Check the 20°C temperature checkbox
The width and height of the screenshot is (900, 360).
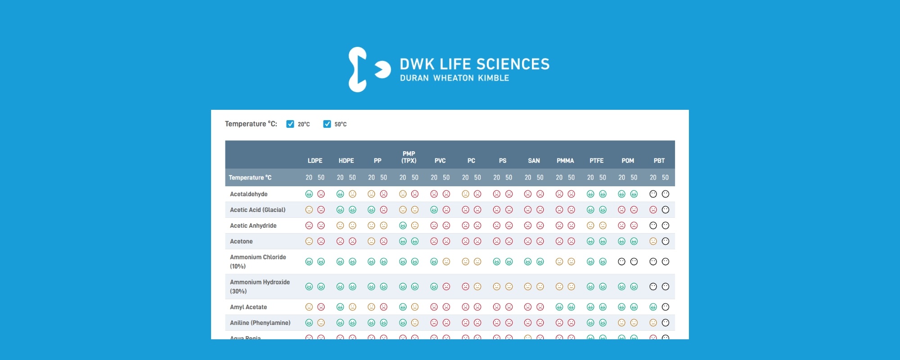pyautogui.click(x=290, y=124)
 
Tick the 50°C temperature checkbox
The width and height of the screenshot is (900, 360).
pyautogui.click(x=327, y=124)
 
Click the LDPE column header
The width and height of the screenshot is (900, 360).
pyautogui.click(x=315, y=161)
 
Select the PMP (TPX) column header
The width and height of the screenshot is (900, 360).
pyautogui.click(x=409, y=157)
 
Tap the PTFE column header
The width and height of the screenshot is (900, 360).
pyautogui.click(x=596, y=161)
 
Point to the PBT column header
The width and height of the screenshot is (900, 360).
pyautogui.click(x=659, y=161)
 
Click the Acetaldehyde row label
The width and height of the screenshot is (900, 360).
pyautogui.click(x=249, y=194)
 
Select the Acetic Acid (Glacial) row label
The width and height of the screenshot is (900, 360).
pyautogui.click(x=258, y=210)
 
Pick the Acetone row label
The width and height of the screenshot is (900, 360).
pyautogui.click(x=241, y=241)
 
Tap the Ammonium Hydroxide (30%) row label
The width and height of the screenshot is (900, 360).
pyautogui.click(x=260, y=287)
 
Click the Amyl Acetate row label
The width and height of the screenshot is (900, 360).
pyautogui.click(x=248, y=307)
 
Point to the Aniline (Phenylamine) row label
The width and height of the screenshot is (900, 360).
pyautogui.click(x=260, y=323)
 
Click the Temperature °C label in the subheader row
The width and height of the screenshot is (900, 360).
pyautogui.click(x=250, y=178)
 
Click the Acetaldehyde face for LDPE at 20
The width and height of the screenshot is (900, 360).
pyautogui.click(x=309, y=194)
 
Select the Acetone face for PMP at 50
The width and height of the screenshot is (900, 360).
pyautogui.click(x=415, y=241)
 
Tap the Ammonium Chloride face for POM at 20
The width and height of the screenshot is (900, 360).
pyautogui.click(x=621, y=261)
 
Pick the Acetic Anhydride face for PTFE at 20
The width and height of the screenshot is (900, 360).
pyautogui.click(x=590, y=225)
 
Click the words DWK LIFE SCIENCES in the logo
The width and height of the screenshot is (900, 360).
pyautogui.click(x=475, y=64)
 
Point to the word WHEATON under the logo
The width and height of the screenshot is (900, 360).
pyautogui.click(x=454, y=78)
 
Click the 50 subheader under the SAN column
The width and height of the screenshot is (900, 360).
pyautogui.click(x=540, y=178)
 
